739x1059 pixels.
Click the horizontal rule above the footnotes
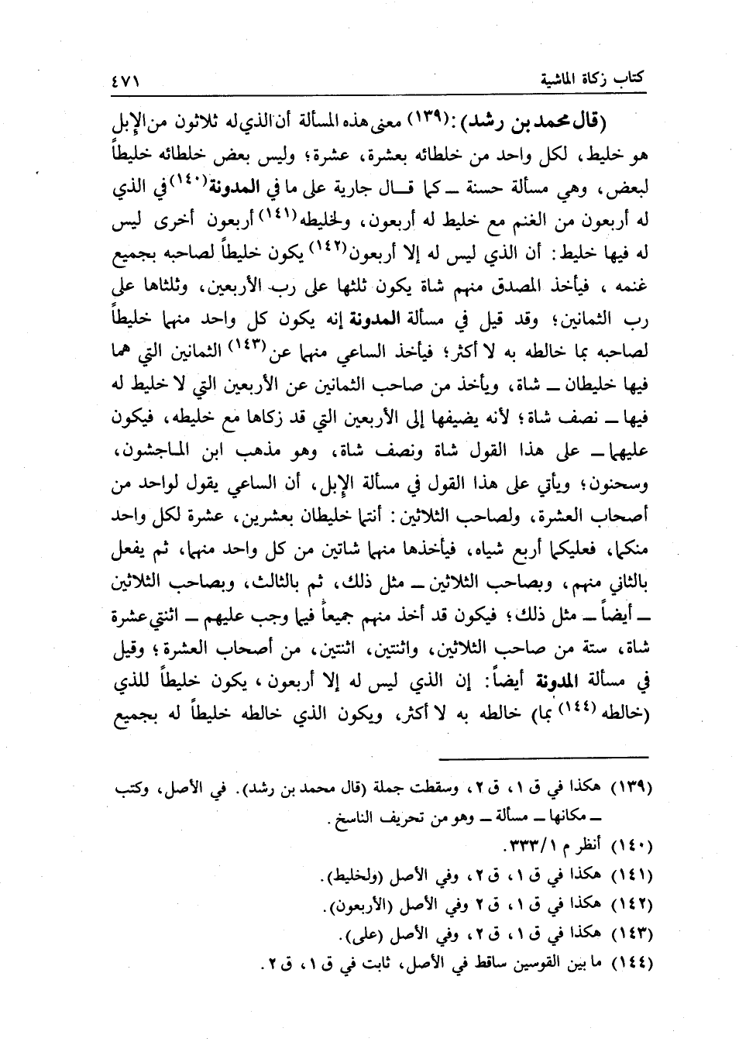[551, 758]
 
